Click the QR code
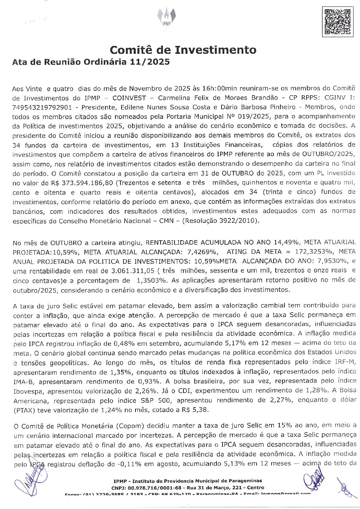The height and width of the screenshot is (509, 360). [337, 21]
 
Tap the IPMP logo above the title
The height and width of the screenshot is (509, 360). [166, 17]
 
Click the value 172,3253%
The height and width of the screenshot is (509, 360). [302, 252]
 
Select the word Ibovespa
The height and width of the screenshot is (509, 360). [28, 390]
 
